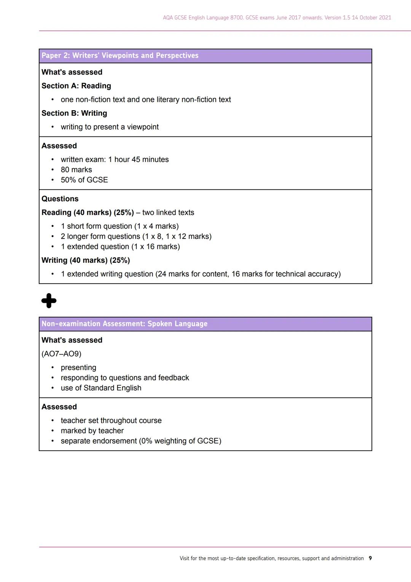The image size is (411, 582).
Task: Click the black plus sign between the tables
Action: click(49, 301)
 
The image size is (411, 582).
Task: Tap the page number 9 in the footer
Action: click(370, 558)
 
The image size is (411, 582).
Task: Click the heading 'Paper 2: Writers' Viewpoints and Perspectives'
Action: click(120, 56)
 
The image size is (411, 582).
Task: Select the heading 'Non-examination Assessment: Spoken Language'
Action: click(124, 324)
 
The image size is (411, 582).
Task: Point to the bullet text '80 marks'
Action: click(76, 170)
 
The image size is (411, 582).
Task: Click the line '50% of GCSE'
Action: click(84, 180)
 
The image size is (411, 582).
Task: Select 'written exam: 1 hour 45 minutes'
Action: click(115, 160)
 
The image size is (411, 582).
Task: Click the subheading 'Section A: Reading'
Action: click(76, 86)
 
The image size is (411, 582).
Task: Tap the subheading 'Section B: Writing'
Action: click(74, 114)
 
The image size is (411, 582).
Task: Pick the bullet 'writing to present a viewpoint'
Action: click(110, 127)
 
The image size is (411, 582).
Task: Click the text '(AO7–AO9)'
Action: click(61, 354)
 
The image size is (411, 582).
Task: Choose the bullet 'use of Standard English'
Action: click(101, 388)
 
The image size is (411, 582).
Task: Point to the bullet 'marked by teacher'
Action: click(92, 431)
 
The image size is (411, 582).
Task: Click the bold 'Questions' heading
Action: click(60, 199)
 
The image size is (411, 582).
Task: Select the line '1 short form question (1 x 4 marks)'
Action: click(119, 226)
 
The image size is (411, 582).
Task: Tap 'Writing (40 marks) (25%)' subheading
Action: click(86, 261)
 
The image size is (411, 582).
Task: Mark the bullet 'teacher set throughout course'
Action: click(111, 421)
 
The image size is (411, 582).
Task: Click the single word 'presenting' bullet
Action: click(78, 368)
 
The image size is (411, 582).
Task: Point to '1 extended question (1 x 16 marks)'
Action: click(120, 247)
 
